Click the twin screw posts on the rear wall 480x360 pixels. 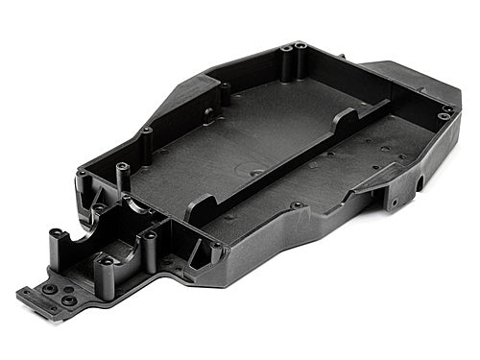click(x=295, y=47)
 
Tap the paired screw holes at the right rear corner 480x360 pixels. click(x=444, y=113)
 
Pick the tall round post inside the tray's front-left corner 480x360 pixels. click(x=124, y=179)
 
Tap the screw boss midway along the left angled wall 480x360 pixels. click(x=146, y=131)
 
